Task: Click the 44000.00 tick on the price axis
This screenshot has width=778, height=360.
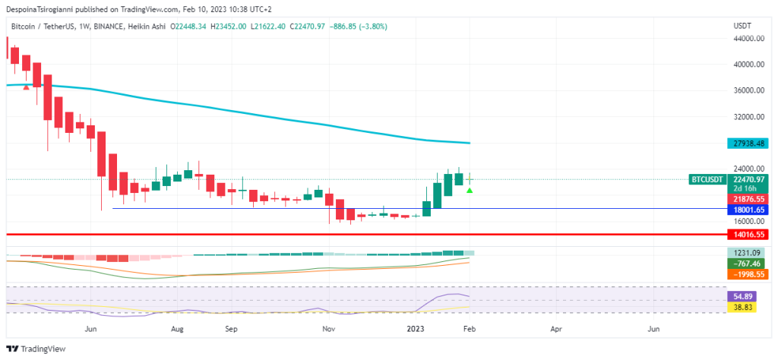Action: point(748,38)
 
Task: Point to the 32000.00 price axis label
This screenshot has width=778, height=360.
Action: point(748,117)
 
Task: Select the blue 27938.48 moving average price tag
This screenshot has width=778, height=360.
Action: point(748,143)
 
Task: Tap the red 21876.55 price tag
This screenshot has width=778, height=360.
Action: point(748,197)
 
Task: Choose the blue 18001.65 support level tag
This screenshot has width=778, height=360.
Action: point(748,209)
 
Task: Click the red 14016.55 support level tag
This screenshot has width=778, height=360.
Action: point(748,235)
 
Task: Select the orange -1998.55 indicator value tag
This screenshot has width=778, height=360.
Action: point(748,273)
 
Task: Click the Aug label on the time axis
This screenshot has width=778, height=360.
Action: point(177,330)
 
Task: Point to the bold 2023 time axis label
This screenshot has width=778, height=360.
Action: point(415,330)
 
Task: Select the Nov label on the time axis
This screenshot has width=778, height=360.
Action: point(329,330)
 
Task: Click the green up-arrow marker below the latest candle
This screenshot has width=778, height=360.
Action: point(470,190)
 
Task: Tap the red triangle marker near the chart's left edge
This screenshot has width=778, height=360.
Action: point(27,87)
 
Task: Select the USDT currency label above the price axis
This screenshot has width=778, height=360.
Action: point(742,26)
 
